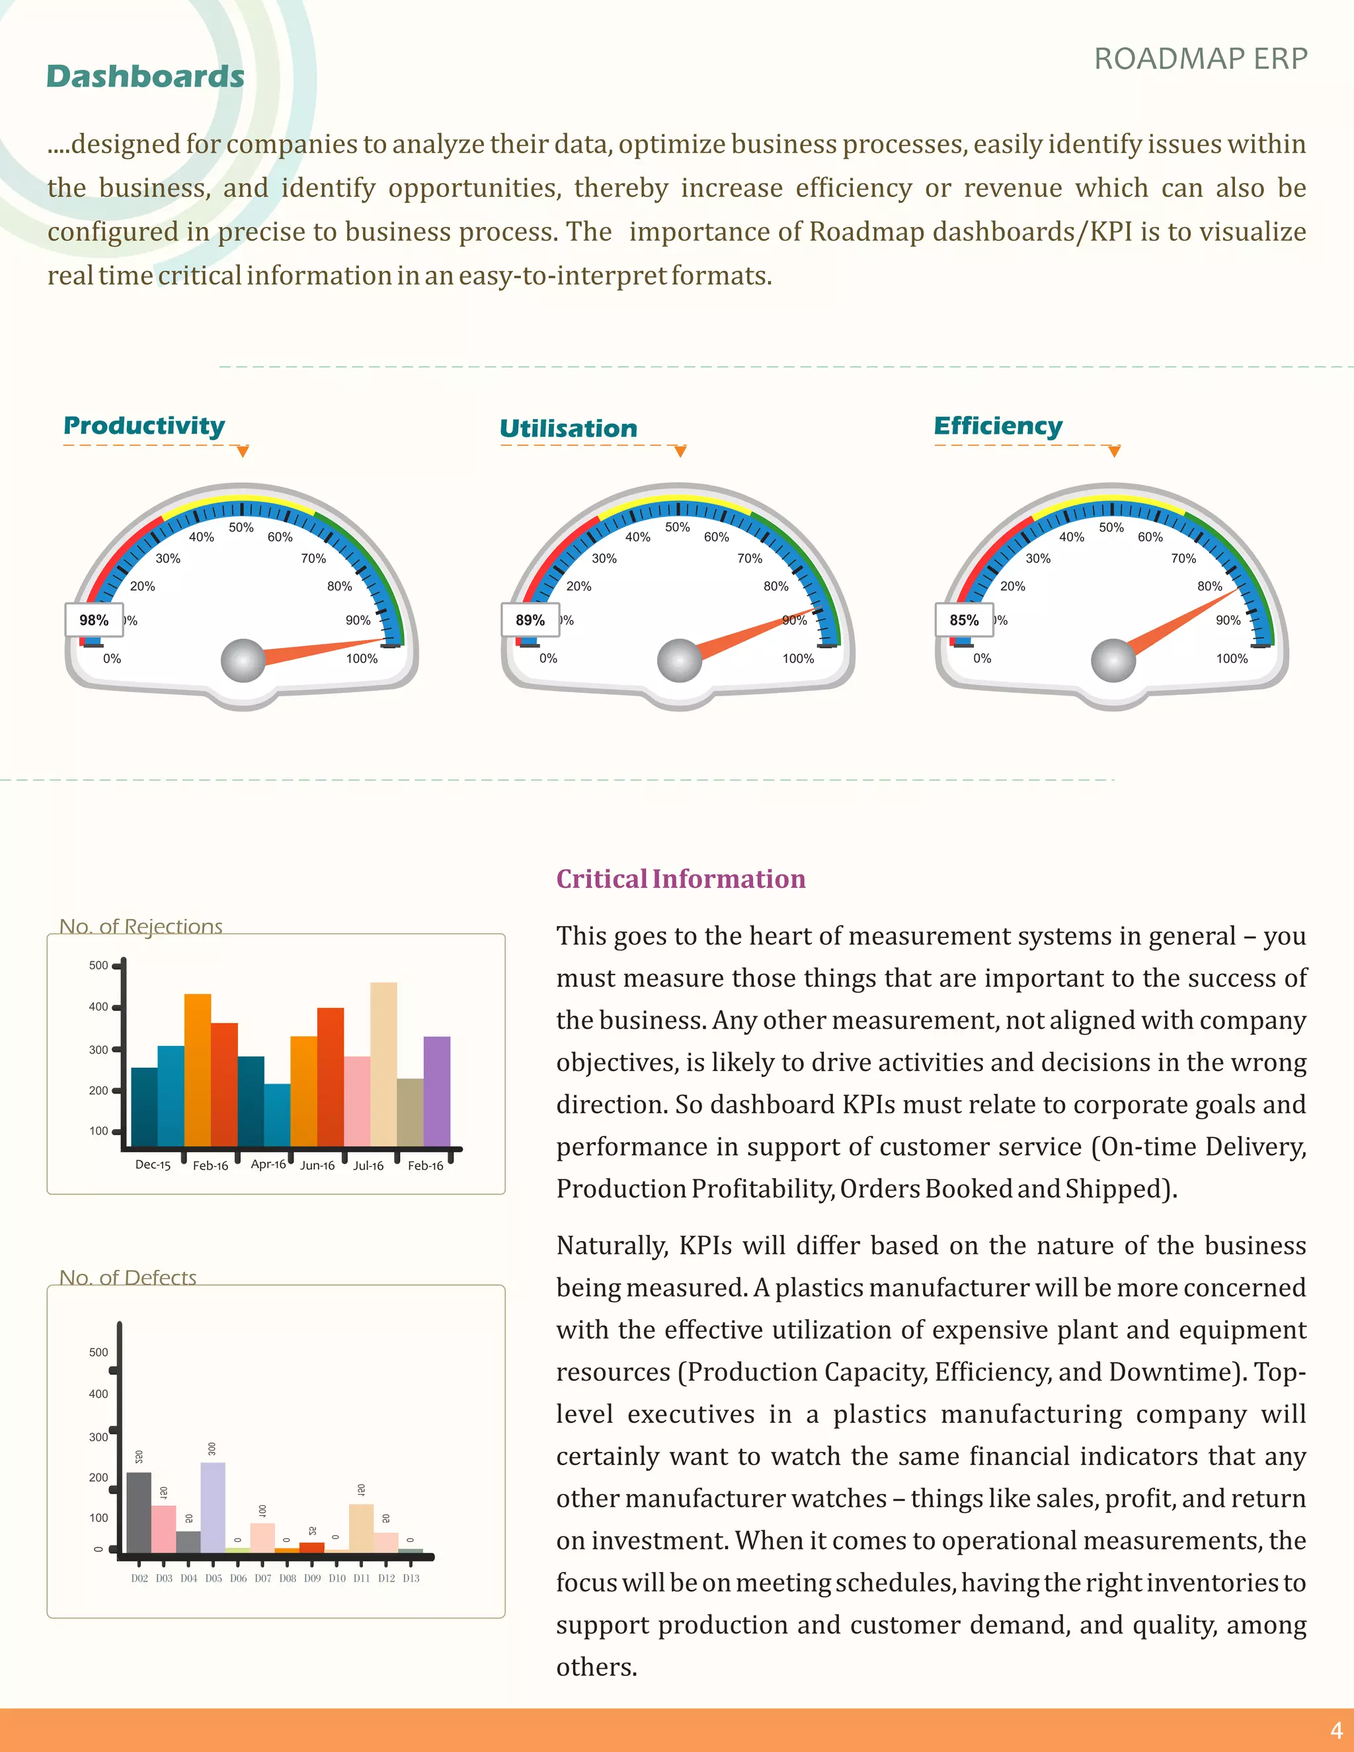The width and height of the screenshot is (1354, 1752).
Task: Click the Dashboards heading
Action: pos(145,77)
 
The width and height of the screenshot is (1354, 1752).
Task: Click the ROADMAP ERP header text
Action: pos(1200,60)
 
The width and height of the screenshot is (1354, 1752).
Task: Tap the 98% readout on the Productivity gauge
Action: pos(94,620)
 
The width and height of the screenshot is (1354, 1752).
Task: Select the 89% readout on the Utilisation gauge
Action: pos(530,620)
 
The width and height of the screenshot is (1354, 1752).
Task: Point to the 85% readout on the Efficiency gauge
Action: pos(964,620)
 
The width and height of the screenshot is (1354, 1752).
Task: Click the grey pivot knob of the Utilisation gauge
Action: pos(680,660)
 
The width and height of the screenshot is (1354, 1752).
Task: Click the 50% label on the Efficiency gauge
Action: pos(1111,527)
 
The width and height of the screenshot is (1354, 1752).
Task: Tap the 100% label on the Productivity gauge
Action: pos(362,658)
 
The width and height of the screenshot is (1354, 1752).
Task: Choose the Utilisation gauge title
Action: pos(568,428)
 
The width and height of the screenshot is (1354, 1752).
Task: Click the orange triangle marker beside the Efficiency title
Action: pos(1113,452)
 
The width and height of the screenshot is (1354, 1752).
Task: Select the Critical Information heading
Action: pos(680,879)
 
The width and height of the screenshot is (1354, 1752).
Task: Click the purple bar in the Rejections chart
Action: pos(437,1091)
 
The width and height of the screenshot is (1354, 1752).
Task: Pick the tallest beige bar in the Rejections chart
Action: pos(383,1063)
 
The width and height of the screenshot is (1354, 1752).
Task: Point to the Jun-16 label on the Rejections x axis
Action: pos(317,1166)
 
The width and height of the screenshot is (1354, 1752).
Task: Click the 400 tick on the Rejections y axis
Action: pos(99,1007)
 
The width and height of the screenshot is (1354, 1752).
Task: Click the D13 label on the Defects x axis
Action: pos(411,1578)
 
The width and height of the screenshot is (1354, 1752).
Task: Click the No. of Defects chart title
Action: pos(128,1277)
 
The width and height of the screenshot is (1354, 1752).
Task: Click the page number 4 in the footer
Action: pos(1335,1730)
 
